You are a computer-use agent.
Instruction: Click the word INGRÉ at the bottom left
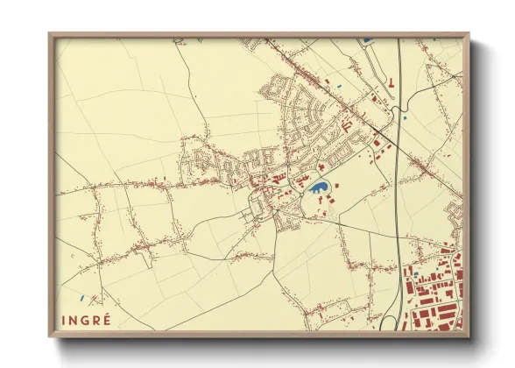[87, 319]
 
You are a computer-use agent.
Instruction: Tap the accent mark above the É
[108, 314]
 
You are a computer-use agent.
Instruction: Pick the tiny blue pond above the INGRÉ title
[81, 295]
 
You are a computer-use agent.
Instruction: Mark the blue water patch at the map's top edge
[364, 39]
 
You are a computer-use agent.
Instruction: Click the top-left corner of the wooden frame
[51, 34]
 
